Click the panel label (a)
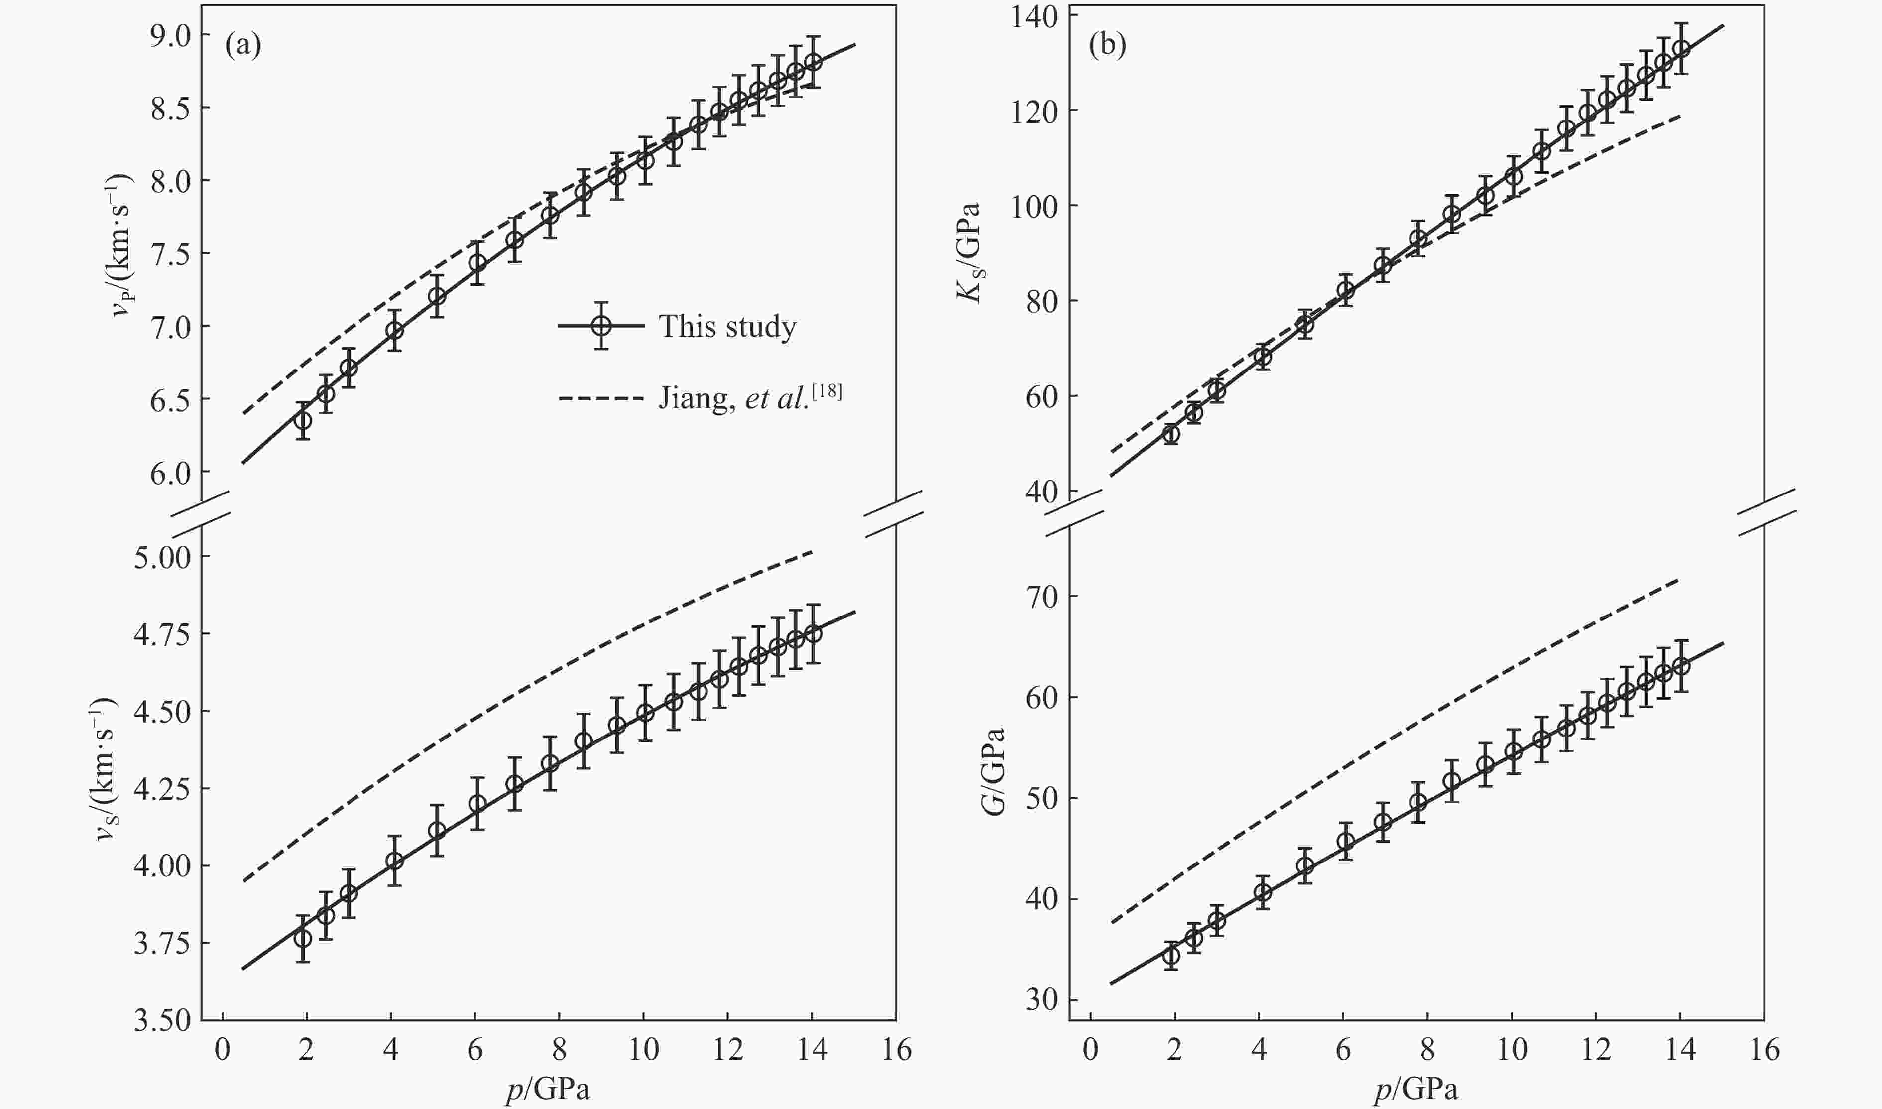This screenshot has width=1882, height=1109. (x=243, y=46)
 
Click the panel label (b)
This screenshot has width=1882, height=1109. (x=1107, y=46)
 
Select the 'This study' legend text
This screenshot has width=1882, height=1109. (x=727, y=327)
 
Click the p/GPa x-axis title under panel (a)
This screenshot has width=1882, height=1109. (x=548, y=1090)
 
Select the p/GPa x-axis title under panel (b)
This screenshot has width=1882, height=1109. (x=1416, y=1090)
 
